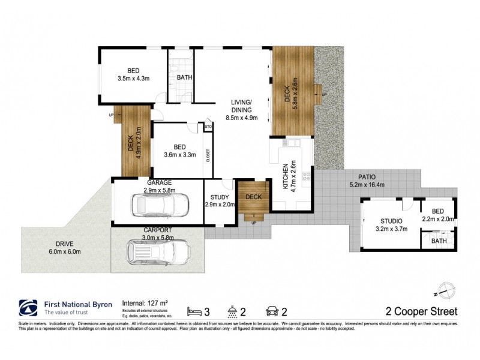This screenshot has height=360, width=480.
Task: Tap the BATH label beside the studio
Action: point(439,241)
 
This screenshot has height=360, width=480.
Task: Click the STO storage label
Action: point(208,127)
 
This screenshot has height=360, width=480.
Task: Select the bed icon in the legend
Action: point(193,311)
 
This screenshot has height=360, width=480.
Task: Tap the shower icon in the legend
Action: point(232,311)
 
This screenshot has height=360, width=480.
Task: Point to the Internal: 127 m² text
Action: point(146,304)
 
